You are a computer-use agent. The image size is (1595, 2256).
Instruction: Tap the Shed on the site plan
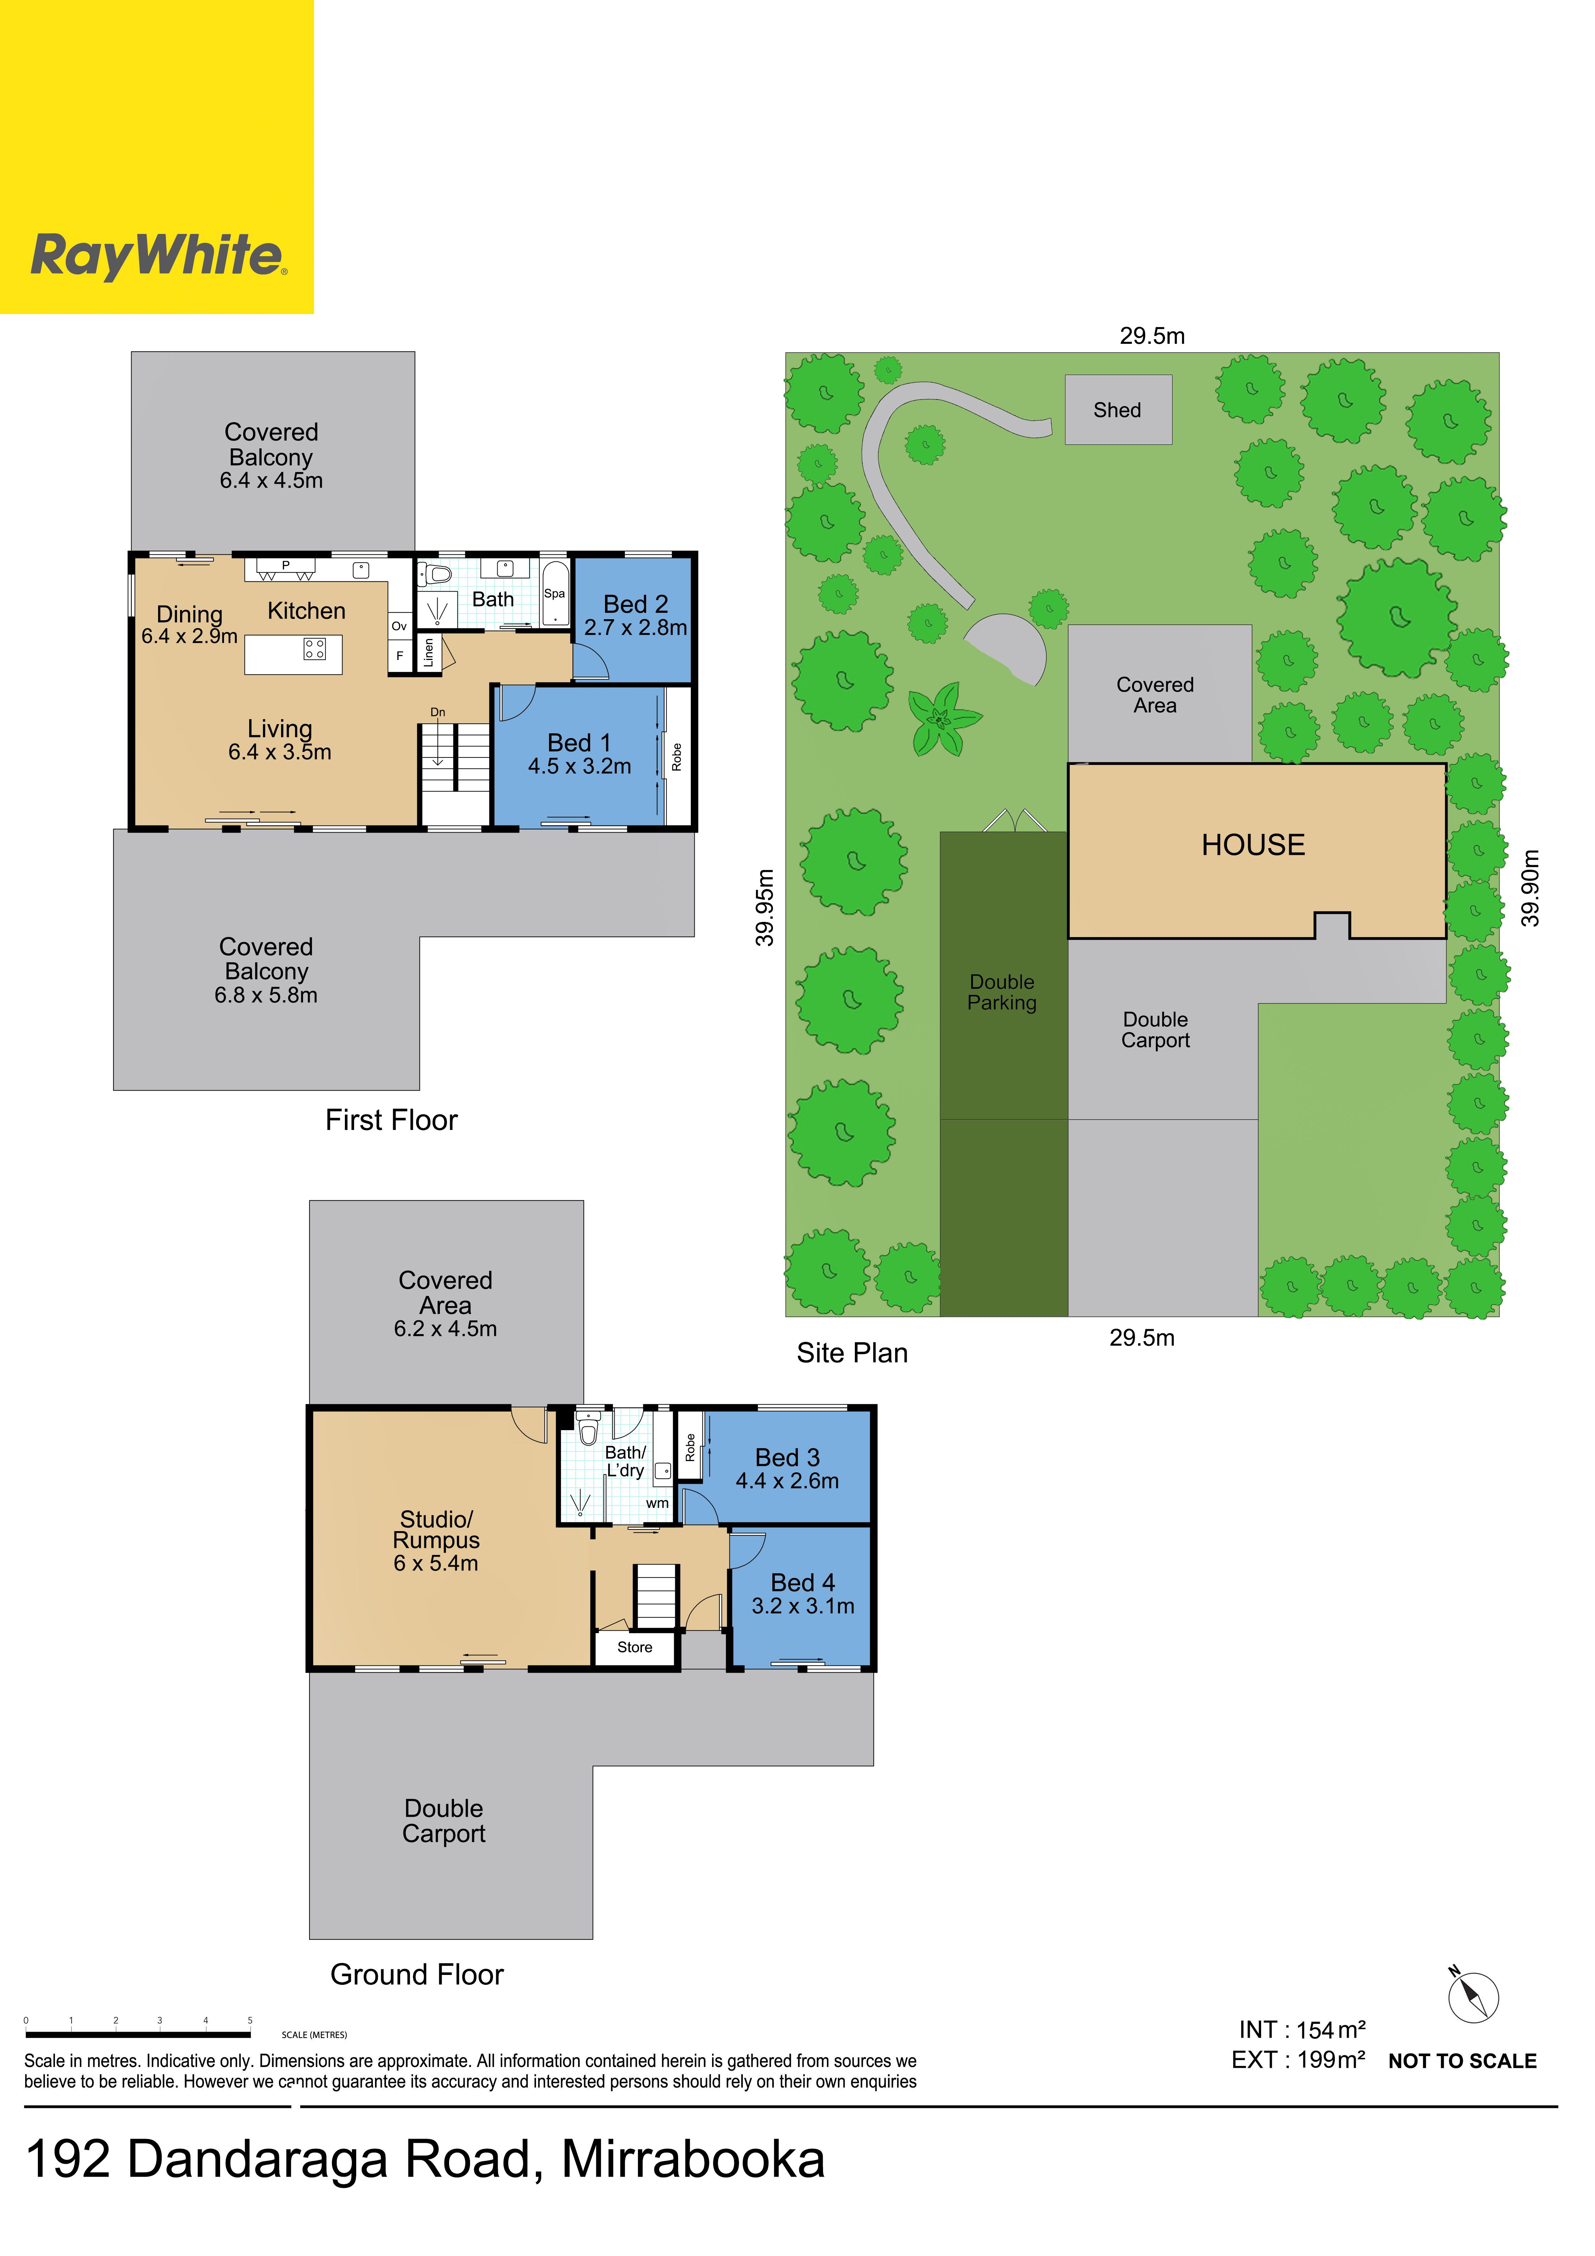pos(1118,410)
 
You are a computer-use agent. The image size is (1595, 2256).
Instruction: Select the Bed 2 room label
pos(636,604)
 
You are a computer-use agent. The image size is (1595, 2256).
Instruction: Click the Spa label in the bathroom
pos(554,593)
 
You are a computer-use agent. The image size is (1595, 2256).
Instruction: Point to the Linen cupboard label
pos(429,653)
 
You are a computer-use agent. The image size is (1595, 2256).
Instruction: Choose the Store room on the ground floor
pos(635,1648)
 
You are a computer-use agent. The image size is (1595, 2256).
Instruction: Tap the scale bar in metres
pos(138,2034)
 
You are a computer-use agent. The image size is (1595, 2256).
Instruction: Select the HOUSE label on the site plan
pos(1253,845)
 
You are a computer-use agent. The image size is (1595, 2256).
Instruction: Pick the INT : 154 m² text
pos(1302,2030)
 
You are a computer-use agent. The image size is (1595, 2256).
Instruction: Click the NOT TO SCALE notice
pos(1462,2061)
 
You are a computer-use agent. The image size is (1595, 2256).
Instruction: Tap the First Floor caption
pos(391,1120)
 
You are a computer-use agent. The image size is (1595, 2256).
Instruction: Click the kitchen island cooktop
pos(314,649)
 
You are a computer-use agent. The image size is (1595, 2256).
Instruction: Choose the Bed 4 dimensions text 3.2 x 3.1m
pos(803,1606)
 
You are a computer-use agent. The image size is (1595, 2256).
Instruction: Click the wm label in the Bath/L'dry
pos(657,1503)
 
